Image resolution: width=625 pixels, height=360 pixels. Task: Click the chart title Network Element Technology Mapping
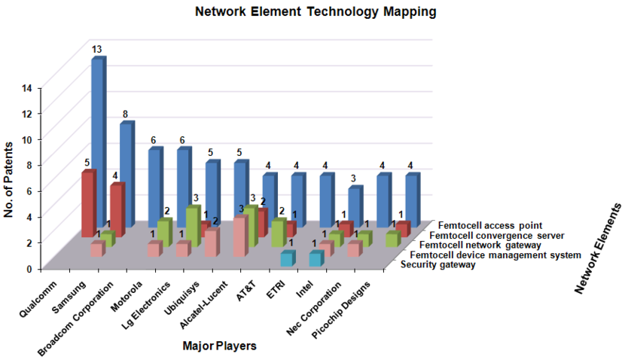click(x=316, y=12)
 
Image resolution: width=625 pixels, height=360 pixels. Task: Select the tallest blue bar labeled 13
click(x=97, y=136)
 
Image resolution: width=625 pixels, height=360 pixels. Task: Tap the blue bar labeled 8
click(x=126, y=173)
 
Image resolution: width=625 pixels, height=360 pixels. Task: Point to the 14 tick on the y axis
click(x=27, y=88)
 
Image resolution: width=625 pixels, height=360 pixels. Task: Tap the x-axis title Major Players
click(x=219, y=346)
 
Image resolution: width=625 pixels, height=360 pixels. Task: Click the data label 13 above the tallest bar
click(x=97, y=50)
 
